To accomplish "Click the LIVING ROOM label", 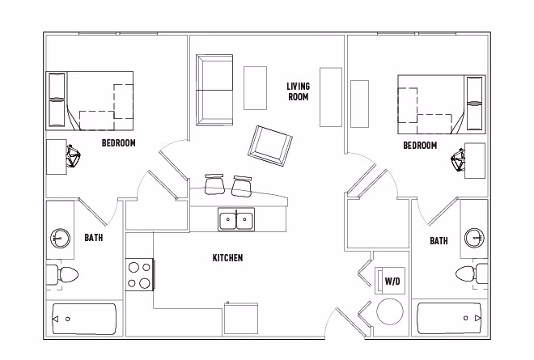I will coord(299,91).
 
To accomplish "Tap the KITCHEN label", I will coord(227,258).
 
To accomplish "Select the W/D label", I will coord(392,282).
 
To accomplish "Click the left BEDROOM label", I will coord(118,143).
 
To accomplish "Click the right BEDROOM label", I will coord(420,146).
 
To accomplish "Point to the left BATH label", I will coord(94,238).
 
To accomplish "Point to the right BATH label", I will coord(439,241).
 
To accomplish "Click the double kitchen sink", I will coord(236,218).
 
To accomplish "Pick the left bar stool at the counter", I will coord(215,184).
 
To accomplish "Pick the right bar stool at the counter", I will coord(242,185).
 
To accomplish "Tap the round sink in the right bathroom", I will coord(474,238).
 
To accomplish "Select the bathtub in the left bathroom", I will coord(84,320).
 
